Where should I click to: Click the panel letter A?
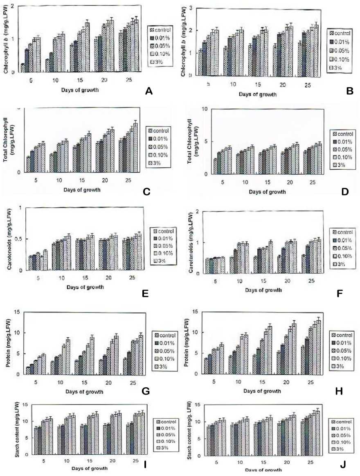(149, 91)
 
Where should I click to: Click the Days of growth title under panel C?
(82, 190)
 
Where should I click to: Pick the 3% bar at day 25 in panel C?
(136, 147)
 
